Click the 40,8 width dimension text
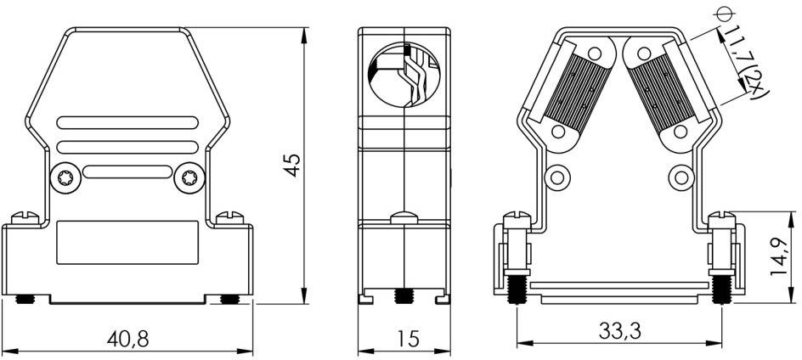128,338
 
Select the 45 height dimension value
292,165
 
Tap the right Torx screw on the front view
188,180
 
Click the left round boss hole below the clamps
559,178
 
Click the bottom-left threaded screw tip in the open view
515,290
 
